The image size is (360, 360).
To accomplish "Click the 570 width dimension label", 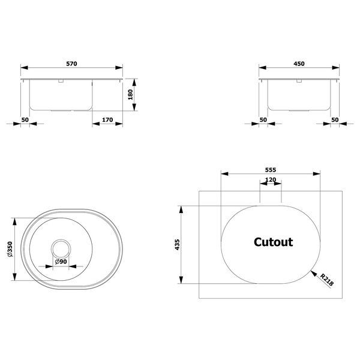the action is (71, 64).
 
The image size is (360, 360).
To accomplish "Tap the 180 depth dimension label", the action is (130, 95).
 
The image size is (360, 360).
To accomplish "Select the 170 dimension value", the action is (107, 119).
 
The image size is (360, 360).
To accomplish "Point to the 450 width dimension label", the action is (299, 64).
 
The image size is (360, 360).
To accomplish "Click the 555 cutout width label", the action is (271, 170).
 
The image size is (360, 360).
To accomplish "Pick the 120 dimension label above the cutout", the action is (271, 180).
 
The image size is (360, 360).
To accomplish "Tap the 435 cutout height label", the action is (177, 245).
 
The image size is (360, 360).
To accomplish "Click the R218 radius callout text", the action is (327, 280).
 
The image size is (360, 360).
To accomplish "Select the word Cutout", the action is (273, 242).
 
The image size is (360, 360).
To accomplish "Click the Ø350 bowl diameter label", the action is (10, 249).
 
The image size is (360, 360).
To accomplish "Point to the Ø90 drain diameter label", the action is (61, 262).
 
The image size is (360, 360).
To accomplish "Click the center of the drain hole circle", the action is (61, 249).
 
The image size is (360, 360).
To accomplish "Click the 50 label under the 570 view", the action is (25, 119).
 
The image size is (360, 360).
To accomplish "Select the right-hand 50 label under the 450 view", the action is (335, 119).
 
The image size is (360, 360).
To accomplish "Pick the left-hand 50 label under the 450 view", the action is (263, 119).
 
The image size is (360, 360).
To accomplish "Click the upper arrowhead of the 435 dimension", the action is (181, 209).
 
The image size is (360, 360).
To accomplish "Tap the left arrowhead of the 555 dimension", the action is (224, 174).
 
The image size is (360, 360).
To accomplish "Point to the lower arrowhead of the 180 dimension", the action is (134, 107).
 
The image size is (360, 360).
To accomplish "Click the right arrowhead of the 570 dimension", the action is (119, 68).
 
